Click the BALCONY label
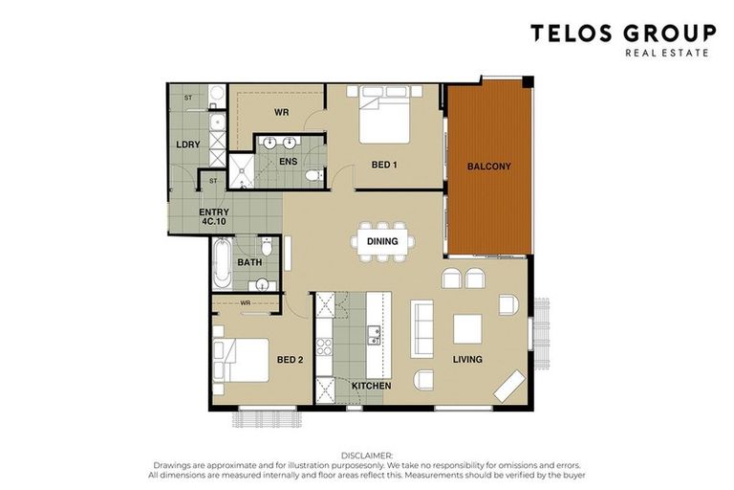488,167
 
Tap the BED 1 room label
384,165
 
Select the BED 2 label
290,360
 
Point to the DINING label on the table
382,241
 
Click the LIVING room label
467,359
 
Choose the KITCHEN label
371,386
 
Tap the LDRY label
188,145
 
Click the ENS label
289,162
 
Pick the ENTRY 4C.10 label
214,216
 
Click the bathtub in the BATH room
222,263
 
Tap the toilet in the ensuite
314,175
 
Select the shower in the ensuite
242,171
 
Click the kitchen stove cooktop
324,347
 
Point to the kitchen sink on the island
374,335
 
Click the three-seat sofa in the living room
422,329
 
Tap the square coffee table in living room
467,329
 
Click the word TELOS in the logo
572,33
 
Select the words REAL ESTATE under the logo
667,53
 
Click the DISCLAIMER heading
367,456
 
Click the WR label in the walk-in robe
281,113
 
